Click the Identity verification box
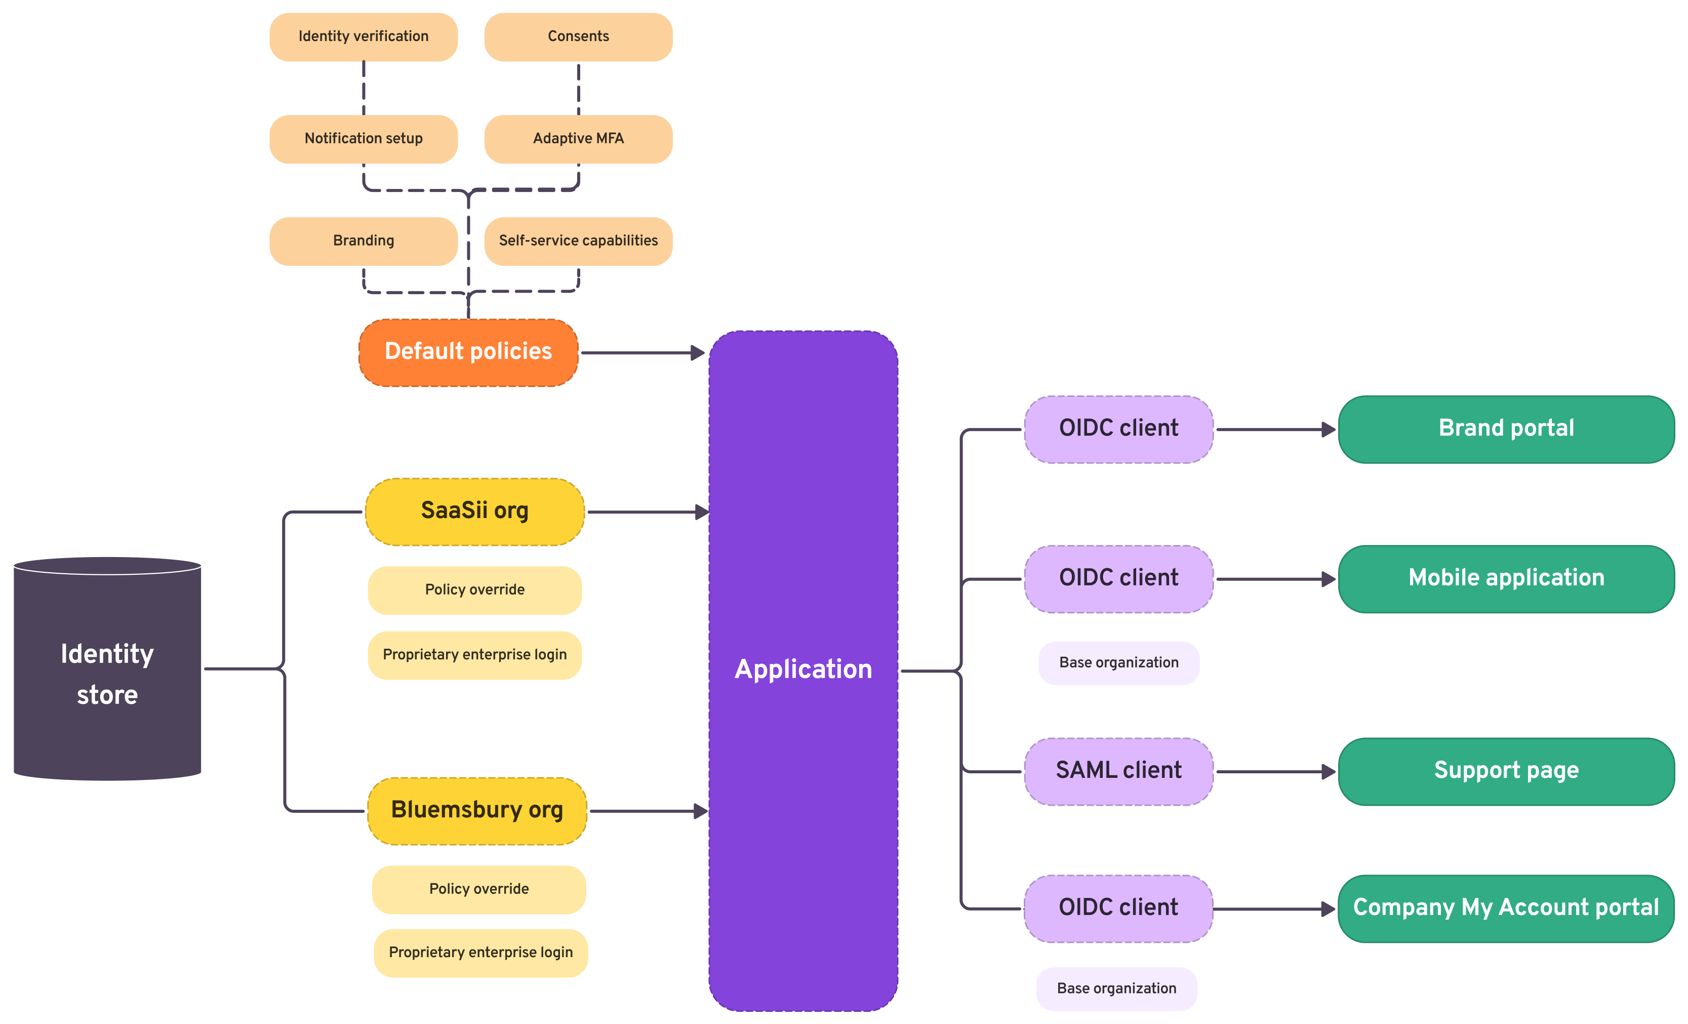coord(363,36)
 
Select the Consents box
coord(578,36)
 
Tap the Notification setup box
coord(363,138)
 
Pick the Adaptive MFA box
coord(578,138)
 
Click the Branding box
coord(363,241)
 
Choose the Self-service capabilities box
coord(578,241)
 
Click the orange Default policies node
coord(468,351)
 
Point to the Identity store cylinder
coord(107,672)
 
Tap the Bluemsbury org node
coord(477,810)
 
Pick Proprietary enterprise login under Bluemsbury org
coord(480,952)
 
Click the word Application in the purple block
coord(803,669)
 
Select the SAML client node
coord(1118,770)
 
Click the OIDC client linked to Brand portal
coord(1118,428)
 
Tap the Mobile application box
coord(1506,578)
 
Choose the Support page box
coord(1506,770)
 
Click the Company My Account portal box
coord(1506,908)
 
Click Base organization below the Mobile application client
coord(1118,663)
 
